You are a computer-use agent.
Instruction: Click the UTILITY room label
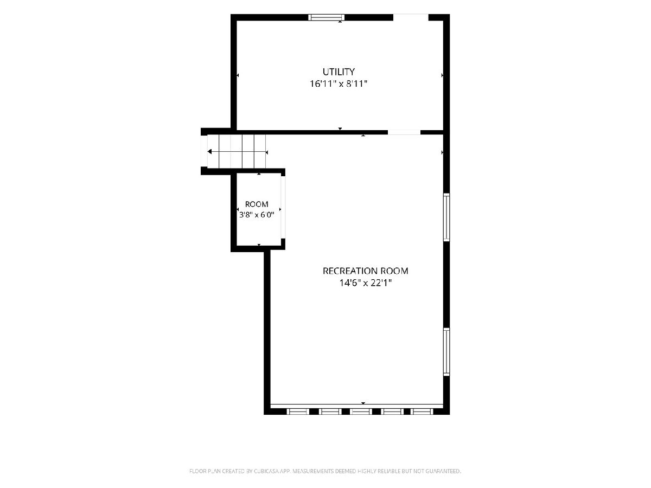[x=339, y=72]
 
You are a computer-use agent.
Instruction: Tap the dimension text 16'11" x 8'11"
[x=339, y=84]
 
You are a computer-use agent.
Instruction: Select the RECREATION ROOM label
[x=365, y=271]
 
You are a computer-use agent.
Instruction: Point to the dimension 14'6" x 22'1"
[x=366, y=283]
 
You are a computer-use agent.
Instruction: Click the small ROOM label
[x=257, y=204]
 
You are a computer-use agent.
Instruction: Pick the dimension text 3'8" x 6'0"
[x=257, y=215]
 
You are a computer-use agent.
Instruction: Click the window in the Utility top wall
[x=326, y=17]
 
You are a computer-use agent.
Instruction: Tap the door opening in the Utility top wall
[x=411, y=17]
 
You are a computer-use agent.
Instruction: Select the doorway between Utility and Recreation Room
[x=404, y=132]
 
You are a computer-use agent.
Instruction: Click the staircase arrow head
[x=209, y=152]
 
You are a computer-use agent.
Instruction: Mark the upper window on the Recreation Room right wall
[x=446, y=217]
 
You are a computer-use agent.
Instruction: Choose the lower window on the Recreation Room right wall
[x=446, y=352]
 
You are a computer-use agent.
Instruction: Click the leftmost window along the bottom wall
[x=298, y=412]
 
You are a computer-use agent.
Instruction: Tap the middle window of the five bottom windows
[x=361, y=412]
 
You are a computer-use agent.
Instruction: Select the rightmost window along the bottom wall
[x=422, y=412]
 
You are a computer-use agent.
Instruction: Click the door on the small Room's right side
[x=283, y=207]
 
